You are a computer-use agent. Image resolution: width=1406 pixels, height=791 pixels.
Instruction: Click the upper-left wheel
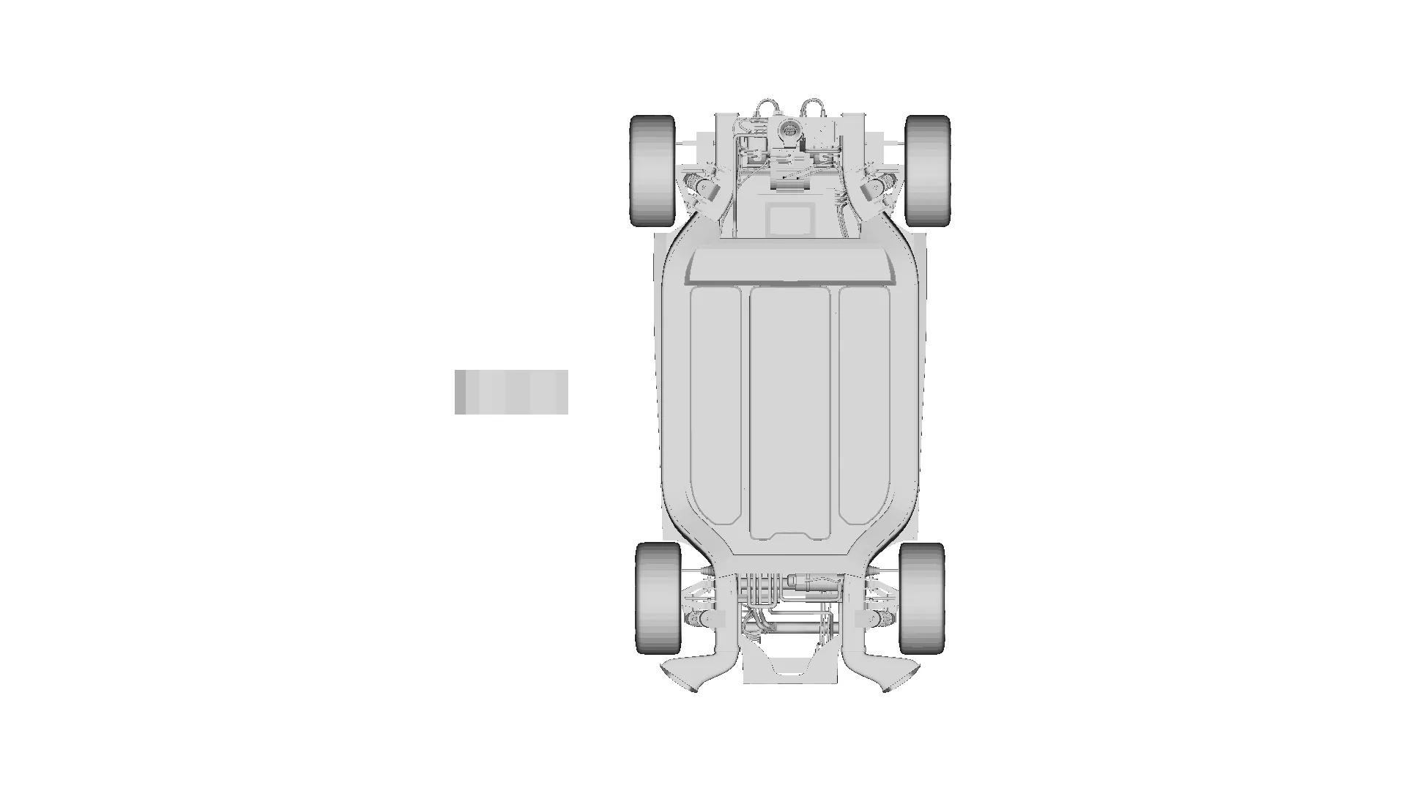click(652, 171)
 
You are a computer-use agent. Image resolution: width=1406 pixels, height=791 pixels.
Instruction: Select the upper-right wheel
click(928, 171)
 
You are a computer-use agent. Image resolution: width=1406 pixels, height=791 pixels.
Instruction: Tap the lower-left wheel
click(658, 598)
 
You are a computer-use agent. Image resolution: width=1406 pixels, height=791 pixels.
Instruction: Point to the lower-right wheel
click(921, 598)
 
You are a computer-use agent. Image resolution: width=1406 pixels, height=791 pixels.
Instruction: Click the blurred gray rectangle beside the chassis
click(511, 392)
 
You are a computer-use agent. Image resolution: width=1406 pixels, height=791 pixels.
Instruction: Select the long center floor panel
click(789, 410)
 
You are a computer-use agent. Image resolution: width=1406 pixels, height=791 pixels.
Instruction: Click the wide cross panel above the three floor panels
click(791, 265)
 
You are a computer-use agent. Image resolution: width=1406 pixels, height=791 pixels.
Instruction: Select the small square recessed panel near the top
click(789, 219)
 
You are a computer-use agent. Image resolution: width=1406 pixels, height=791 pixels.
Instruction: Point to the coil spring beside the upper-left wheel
click(696, 182)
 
